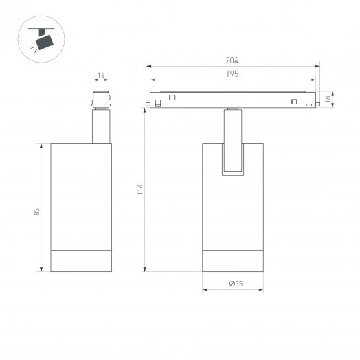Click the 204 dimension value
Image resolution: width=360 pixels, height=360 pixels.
point(234,60)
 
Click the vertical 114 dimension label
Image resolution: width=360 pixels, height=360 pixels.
point(139,189)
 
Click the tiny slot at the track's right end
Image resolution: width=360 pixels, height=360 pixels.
point(308,104)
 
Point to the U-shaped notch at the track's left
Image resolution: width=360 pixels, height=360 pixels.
point(159,104)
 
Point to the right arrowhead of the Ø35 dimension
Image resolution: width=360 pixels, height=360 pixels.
point(262,290)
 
